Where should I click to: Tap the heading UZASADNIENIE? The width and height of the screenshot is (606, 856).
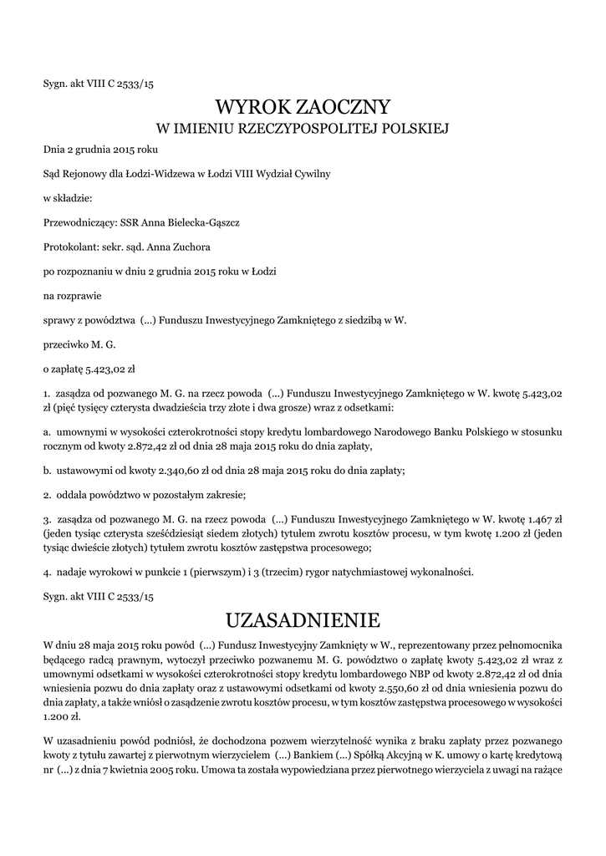303,620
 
